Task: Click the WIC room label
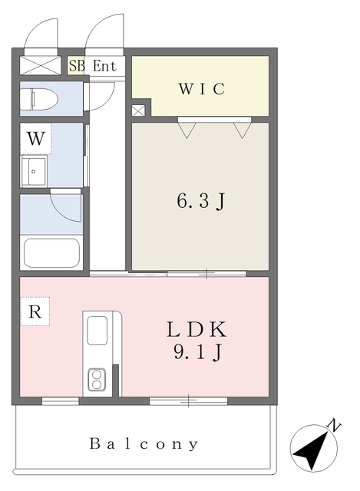201,89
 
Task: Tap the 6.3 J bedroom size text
201,201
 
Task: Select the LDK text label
197,329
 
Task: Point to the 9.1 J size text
198,352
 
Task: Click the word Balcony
144,444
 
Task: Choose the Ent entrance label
104,66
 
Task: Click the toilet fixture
39,99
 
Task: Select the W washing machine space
36,138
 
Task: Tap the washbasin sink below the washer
34,171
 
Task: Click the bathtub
51,253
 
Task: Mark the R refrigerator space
35,311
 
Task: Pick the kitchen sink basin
97,331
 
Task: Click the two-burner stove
97,379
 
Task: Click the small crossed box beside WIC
138,110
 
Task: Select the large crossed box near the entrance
40,65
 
